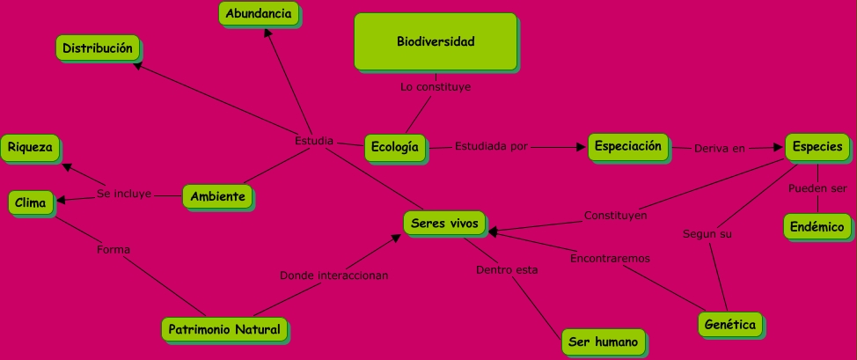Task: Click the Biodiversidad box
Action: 436,41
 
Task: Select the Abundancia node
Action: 259,14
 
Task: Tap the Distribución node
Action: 98,48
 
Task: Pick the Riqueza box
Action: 30,147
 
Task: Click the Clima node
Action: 32,203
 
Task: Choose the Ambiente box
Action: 218,196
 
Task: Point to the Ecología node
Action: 394,147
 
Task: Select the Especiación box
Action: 628,147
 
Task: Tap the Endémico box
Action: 817,226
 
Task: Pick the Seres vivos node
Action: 444,224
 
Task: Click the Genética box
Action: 730,325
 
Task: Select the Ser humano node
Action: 603,342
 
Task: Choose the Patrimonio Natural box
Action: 224,329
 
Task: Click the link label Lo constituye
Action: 435,87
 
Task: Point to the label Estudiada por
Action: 491,147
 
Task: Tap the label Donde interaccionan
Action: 334,276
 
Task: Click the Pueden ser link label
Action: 817,188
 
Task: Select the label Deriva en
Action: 719,148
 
